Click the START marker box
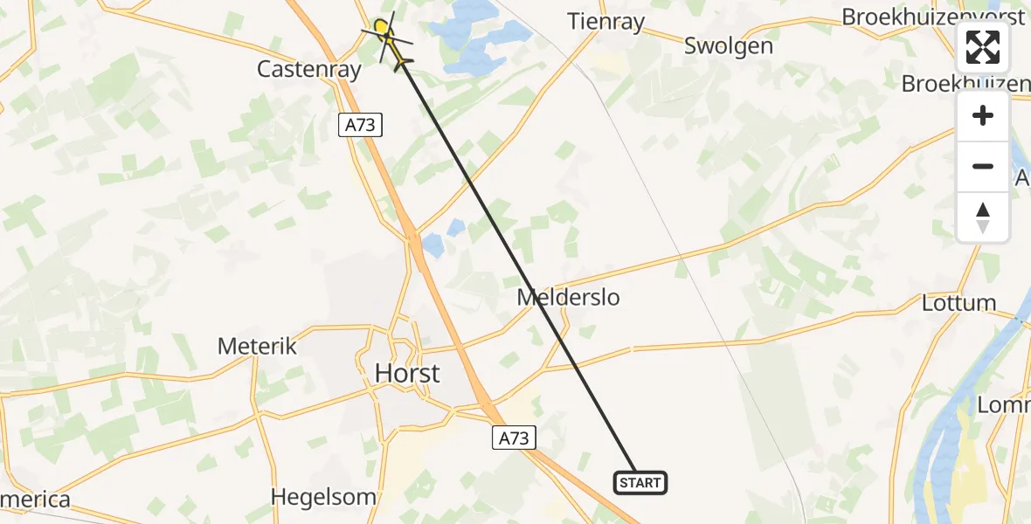tap(640, 482)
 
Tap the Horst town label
tap(407, 374)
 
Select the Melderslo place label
tap(568, 297)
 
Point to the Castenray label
tap(308, 70)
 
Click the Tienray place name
tap(606, 22)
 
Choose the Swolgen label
tap(729, 45)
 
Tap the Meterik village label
tap(257, 346)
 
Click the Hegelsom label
tap(316, 496)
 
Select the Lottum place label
tap(958, 303)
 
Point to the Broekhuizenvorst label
tap(933, 17)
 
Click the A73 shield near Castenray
tap(359, 125)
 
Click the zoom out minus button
tap(983, 167)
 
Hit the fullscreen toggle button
tap(983, 48)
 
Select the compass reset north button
tap(983, 217)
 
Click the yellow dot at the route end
tap(381, 28)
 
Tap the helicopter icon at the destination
tap(395, 45)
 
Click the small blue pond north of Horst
tap(454, 228)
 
